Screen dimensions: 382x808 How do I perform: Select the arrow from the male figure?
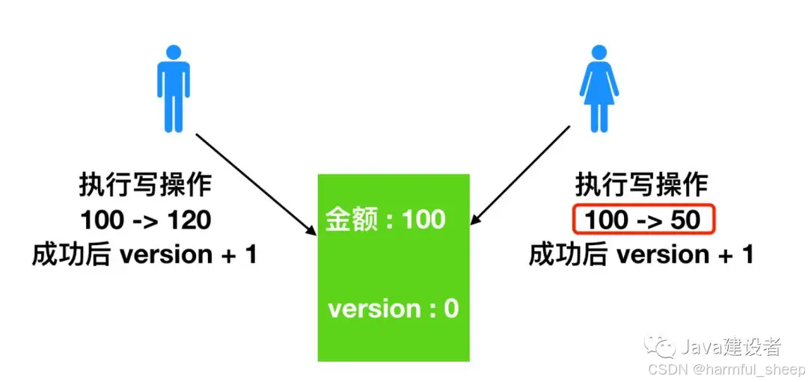(254, 182)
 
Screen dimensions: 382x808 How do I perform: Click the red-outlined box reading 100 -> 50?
(644, 220)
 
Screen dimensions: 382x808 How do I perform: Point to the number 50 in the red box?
(685, 220)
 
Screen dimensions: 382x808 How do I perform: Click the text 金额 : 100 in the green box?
(386, 220)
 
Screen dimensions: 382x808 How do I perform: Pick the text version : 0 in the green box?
(393, 309)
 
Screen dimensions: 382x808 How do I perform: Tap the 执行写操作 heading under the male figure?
(145, 185)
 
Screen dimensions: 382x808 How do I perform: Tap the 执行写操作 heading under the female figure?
(641, 185)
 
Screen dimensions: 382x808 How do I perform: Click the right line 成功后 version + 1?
(641, 255)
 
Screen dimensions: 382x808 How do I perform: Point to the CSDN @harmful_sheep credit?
(726, 369)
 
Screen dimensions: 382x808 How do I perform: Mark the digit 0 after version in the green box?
(451, 309)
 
